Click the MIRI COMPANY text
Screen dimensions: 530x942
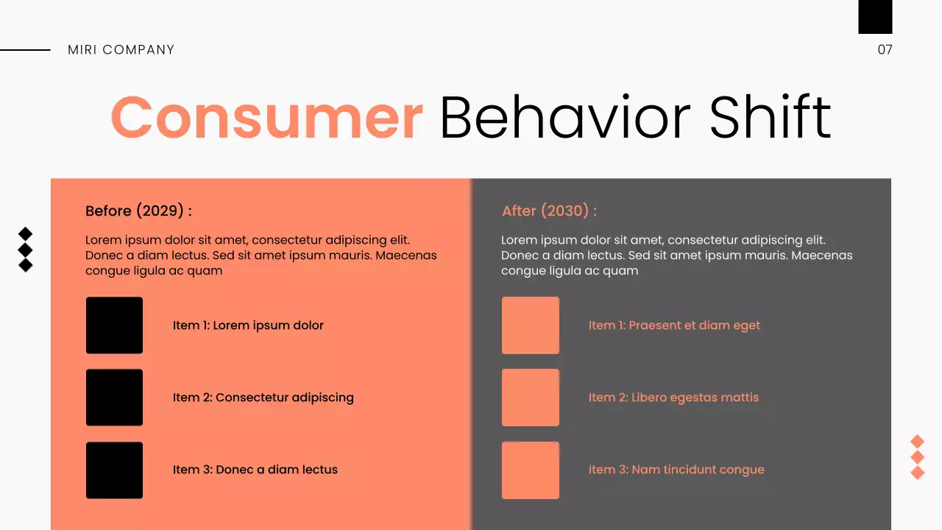point(121,50)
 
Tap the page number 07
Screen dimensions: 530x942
point(885,50)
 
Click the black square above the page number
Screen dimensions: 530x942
point(875,16)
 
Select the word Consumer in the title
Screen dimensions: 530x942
point(266,117)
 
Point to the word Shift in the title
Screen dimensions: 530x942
point(770,117)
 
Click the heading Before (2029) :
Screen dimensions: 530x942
point(138,211)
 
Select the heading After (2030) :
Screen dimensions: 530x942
point(549,211)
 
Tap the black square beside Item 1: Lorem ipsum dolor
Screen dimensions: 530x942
point(114,325)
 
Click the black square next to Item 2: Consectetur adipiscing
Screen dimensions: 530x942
point(114,397)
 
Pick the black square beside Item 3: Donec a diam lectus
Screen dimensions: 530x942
point(114,470)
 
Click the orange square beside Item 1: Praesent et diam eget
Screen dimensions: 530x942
point(530,325)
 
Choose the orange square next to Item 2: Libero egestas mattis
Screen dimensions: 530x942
point(530,397)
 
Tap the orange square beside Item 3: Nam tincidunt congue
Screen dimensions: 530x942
point(530,470)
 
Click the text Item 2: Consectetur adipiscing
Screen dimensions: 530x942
point(263,397)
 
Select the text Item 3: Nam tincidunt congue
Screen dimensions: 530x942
point(676,470)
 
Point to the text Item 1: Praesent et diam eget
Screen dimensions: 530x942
point(674,325)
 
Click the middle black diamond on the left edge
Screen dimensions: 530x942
point(25,250)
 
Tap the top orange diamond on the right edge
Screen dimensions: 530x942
point(917,442)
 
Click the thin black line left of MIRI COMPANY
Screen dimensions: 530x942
point(25,50)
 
